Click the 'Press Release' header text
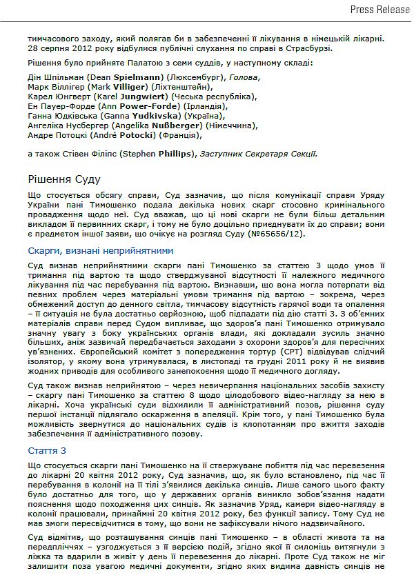click(377, 9)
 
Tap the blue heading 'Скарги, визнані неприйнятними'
click(101, 250)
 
